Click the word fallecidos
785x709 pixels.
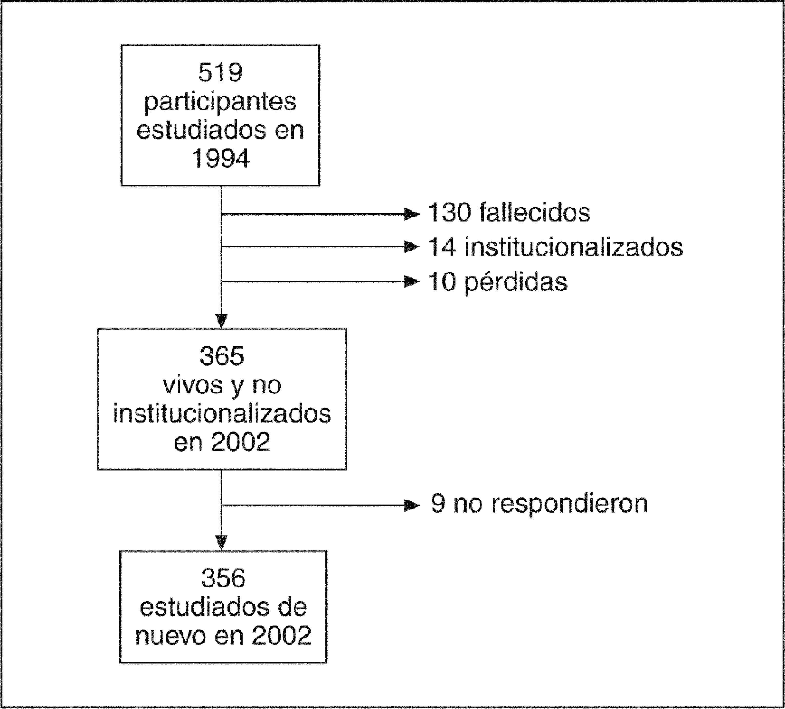(535, 213)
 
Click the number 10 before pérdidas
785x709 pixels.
(442, 282)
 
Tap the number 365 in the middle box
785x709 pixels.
(222, 356)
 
